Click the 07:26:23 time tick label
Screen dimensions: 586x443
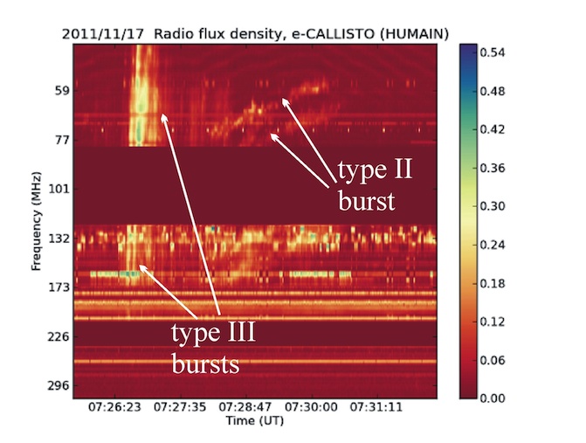(x=114, y=407)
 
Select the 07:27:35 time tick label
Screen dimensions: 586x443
(x=180, y=407)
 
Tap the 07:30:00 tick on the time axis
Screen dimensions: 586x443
(x=311, y=407)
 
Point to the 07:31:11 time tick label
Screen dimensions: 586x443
(x=376, y=407)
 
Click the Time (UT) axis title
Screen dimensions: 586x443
(x=255, y=421)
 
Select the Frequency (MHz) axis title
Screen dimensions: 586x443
(x=36, y=221)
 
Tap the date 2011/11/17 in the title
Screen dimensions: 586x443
(x=103, y=34)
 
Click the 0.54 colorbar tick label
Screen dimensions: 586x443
(x=493, y=52)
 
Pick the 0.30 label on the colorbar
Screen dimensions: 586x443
(x=493, y=206)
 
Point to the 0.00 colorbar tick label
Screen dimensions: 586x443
(x=493, y=398)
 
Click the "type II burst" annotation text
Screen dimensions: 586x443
(x=375, y=185)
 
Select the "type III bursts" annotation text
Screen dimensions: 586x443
(x=213, y=348)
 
